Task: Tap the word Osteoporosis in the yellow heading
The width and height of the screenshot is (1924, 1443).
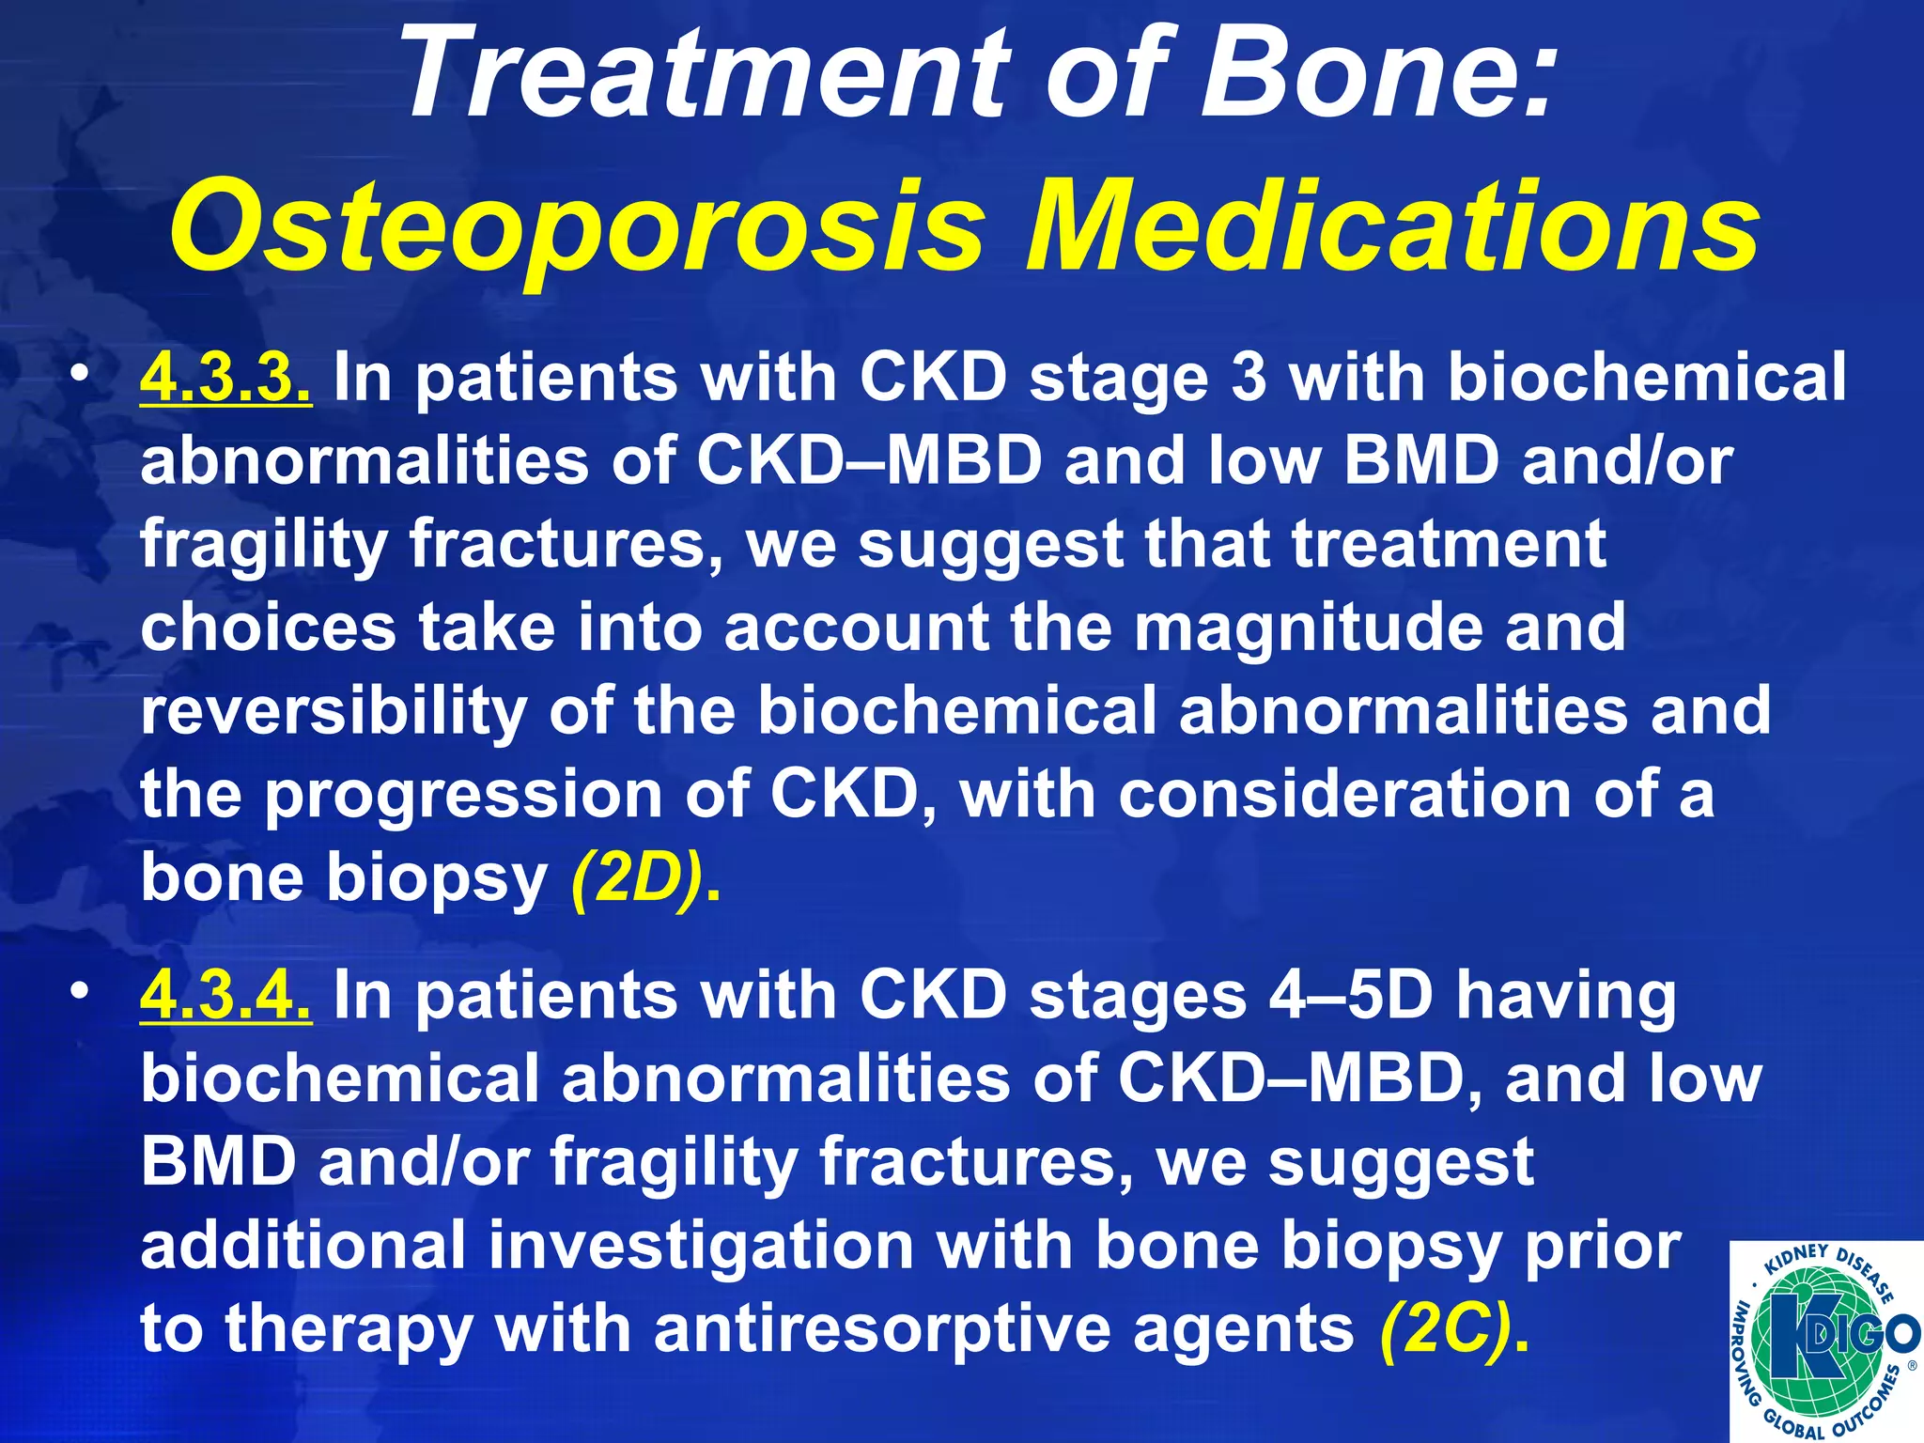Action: click(x=576, y=228)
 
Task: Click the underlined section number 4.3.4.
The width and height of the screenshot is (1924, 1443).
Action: click(x=225, y=995)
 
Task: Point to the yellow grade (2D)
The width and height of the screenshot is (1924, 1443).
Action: click(x=639, y=879)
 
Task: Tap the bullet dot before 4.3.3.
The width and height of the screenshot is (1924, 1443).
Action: click(x=82, y=376)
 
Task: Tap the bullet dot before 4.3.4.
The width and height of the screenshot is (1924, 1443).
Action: click(x=82, y=993)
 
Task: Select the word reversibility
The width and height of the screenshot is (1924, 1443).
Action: click(x=334, y=712)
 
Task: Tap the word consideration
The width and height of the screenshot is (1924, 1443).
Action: click(x=1344, y=795)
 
